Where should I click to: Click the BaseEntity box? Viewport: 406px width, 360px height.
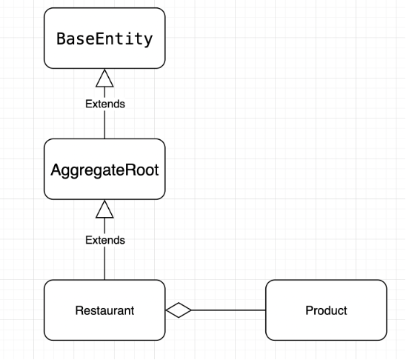(104, 39)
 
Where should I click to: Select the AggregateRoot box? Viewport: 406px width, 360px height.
(104, 170)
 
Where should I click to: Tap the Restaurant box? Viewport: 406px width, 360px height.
(104, 310)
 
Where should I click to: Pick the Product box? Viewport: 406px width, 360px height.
(326, 310)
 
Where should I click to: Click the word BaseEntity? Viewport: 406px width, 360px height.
(104, 39)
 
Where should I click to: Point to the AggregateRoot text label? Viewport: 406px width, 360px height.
(104, 171)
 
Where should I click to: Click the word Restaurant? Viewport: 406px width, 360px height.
(104, 310)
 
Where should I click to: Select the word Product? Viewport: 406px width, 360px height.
(326, 310)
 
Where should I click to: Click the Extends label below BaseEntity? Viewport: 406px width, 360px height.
(105, 104)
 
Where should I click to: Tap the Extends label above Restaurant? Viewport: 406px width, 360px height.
(105, 240)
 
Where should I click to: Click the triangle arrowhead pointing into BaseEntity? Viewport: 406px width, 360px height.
(104, 79)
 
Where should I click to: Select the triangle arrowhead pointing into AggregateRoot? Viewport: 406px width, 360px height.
(104, 209)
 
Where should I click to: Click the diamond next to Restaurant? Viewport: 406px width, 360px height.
(179, 310)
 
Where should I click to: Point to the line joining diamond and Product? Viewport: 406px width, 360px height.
(228, 310)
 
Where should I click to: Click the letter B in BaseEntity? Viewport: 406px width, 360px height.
(61, 39)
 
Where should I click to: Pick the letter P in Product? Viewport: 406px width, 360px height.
(309, 310)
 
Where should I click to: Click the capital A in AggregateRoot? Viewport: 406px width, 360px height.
(56, 170)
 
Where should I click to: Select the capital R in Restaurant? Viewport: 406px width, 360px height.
(79, 310)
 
